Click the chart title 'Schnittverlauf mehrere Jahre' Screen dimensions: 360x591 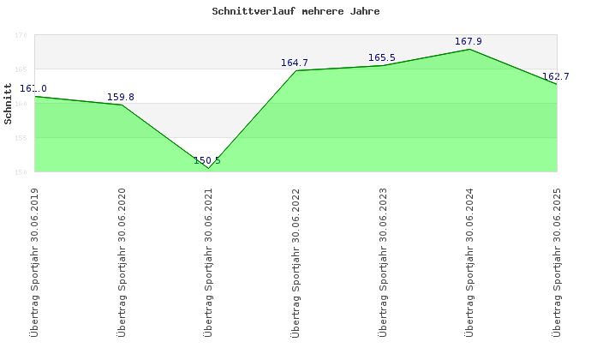pos(295,12)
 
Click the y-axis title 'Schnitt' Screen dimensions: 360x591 pos(9,104)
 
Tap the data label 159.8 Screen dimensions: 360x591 pos(121,97)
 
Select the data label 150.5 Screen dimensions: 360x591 pos(207,160)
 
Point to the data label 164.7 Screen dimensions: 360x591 pos(295,63)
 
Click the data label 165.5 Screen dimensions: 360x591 pos(382,57)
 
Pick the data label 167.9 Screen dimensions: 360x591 pos(469,41)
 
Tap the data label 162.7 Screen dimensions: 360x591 pos(555,76)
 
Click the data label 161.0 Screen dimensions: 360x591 pos(34,89)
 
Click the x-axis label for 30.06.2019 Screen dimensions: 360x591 pos(34,262)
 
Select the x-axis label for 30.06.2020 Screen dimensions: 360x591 pos(121,262)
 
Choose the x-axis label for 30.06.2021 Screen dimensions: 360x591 pos(208,262)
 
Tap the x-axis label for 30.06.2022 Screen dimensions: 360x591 pos(295,262)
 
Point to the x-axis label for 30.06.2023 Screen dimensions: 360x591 pos(382,262)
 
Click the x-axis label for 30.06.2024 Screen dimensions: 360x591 pos(469,262)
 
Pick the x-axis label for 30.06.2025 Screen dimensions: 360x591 pos(557,262)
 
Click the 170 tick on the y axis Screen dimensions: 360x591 pos(21,35)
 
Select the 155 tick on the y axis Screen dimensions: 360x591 pos(21,138)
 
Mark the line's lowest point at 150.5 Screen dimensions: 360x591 pos(208,168)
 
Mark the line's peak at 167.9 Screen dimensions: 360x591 pos(469,49)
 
